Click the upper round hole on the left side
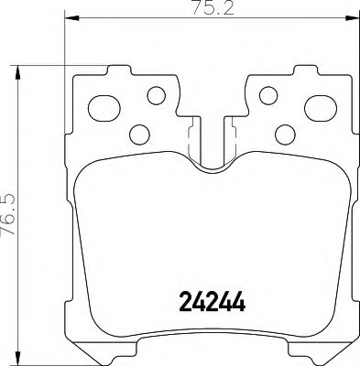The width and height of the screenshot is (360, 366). click(x=155, y=93)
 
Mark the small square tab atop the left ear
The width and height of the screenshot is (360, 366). click(x=117, y=69)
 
